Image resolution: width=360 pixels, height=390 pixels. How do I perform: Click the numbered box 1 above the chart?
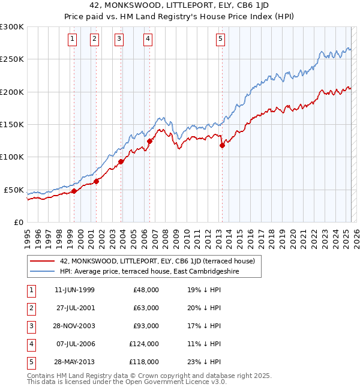click(x=72, y=39)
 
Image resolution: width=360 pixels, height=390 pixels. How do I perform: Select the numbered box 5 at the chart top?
click(x=220, y=39)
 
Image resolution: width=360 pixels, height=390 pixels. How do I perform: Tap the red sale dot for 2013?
click(x=222, y=145)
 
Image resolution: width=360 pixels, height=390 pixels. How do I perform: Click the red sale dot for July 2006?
click(x=149, y=141)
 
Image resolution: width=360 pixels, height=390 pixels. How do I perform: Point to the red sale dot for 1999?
click(x=74, y=191)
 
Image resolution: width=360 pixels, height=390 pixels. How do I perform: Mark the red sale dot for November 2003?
click(x=121, y=161)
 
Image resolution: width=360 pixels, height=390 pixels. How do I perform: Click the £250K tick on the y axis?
click(x=12, y=59)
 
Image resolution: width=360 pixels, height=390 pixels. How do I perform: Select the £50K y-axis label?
click(x=14, y=190)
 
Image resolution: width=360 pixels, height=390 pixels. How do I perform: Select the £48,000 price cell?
click(x=145, y=290)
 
